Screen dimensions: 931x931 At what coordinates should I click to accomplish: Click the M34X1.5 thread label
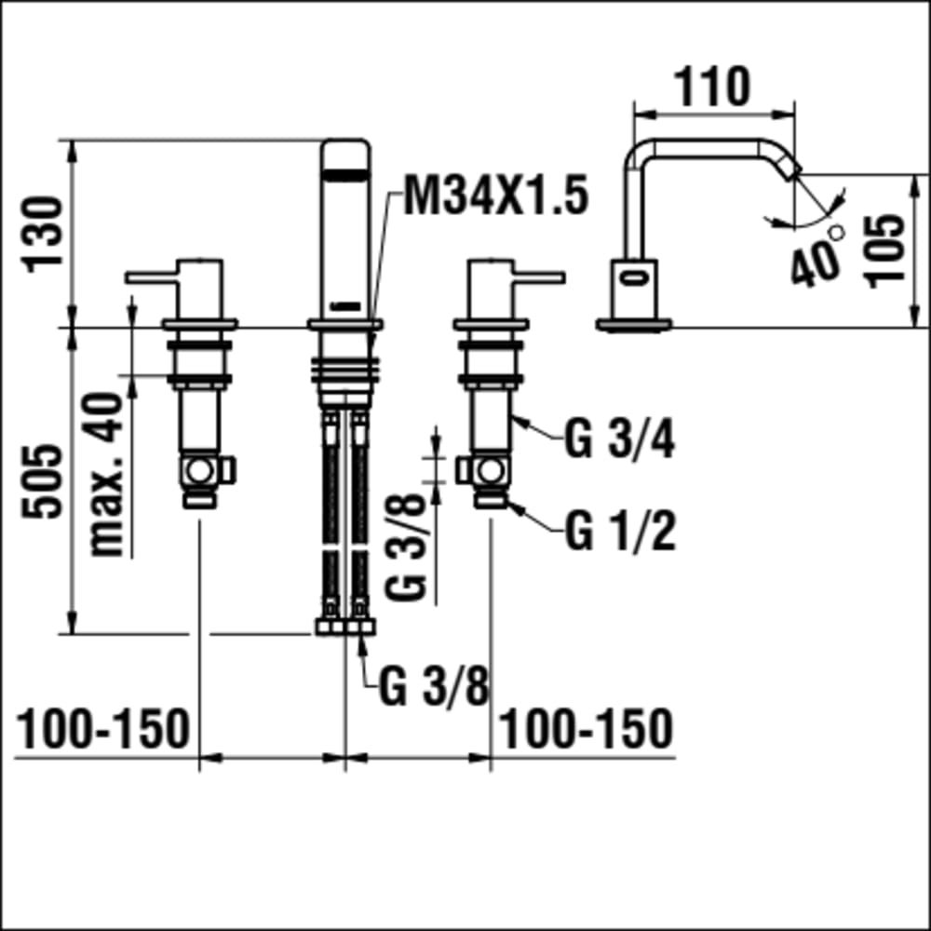(496, 196)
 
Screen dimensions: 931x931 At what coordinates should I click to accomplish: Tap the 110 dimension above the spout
(713, 88)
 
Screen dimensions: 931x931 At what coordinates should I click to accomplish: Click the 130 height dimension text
(42, 235)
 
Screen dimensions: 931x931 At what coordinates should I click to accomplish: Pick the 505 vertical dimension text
(42, 481)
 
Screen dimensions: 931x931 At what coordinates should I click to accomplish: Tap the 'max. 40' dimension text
(106, 475)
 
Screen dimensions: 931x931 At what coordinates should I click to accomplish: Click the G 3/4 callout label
(619, 440)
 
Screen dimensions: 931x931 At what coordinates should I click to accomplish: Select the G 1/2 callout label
(620, 532)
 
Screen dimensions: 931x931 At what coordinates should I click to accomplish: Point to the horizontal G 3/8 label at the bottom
(434, 687)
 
